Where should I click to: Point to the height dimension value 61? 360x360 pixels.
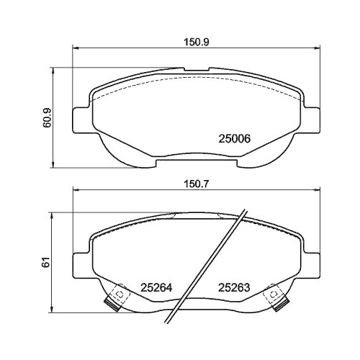pyautogui.click(x=47, y=263)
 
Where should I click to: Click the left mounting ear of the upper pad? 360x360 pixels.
pyautogui.click(x=82, y=120)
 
